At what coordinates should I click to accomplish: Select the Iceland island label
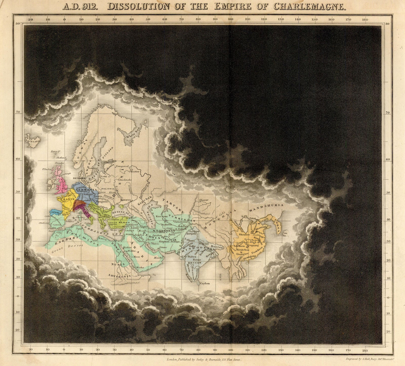[x=33, y=142]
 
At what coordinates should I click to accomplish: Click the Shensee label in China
[x=244, y=234]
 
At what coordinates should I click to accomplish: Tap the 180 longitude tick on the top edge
[x=365, y=19]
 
